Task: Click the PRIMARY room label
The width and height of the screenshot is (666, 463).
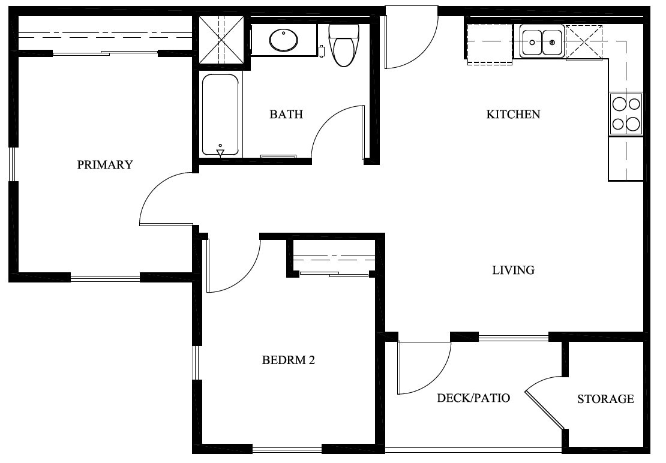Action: click(105, 165)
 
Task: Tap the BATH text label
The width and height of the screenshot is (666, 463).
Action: click(286, 114)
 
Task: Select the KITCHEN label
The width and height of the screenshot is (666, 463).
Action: click(513, 114)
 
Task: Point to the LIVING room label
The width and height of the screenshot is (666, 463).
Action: click(513, 270)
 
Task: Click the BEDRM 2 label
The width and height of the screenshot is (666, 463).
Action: click(289, 360)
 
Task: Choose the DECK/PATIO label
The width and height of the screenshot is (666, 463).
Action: click(473, 398)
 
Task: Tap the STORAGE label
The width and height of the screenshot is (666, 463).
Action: click(605, 399)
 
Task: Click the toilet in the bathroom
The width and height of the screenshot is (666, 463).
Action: click(344, 46)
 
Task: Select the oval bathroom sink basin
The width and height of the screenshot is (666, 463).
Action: click(283, 41)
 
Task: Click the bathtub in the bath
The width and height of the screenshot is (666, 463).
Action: click(220, 114)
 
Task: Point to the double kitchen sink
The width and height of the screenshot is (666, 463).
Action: click(541, 42)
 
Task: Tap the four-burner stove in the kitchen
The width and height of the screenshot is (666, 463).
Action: click(626, 114)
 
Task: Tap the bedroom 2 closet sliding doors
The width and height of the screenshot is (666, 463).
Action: click(334, 275)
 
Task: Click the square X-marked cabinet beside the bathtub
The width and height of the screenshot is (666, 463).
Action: click(221, 39)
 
